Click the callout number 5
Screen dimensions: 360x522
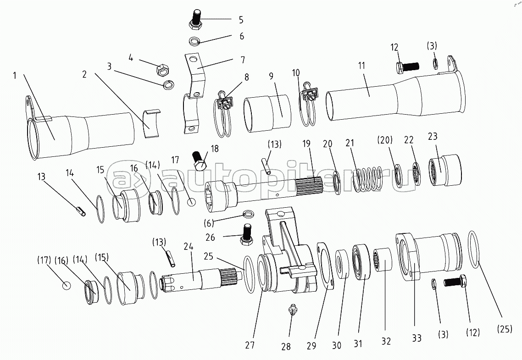[x=241, y=20]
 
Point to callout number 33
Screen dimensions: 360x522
[x=416, y=338]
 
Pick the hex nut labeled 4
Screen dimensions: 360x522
[x=162, y=70]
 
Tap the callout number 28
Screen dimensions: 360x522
[x=286, y=347]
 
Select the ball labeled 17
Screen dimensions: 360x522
[x=192, y=202]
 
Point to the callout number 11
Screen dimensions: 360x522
[x=362, y=66]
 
